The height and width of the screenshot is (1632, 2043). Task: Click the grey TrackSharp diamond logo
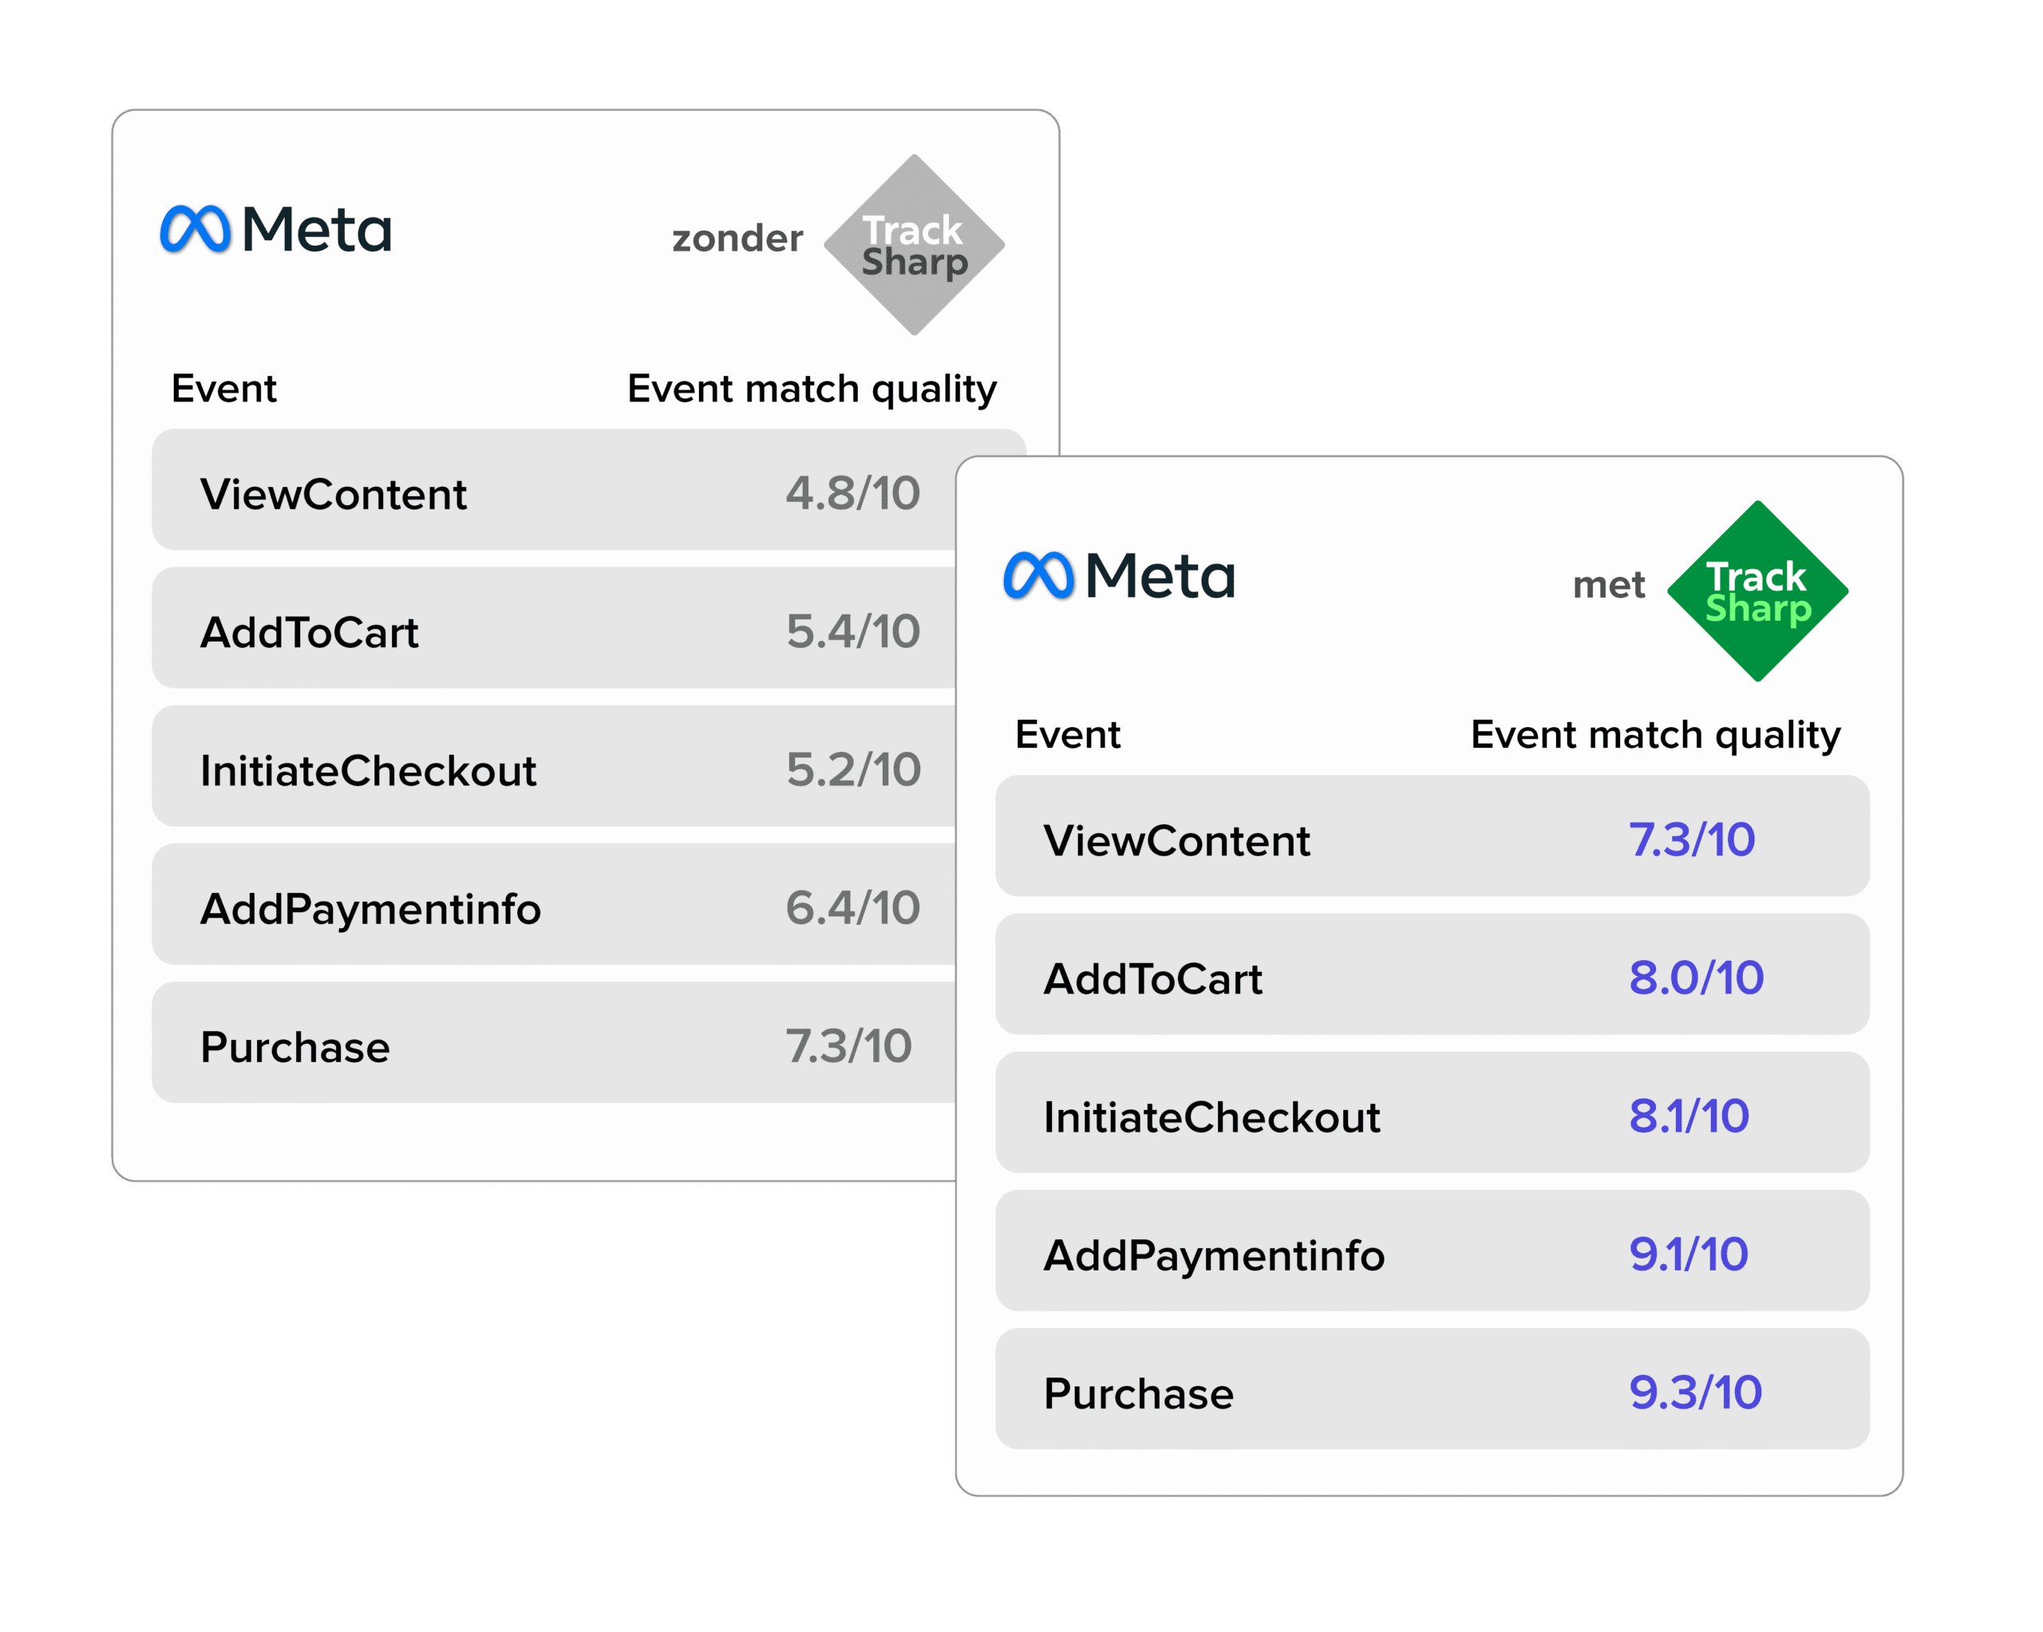(x=915, y=244)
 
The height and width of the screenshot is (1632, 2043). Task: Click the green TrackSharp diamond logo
(x=1758, y=591)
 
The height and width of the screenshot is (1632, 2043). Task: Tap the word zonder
(x=737, y=238)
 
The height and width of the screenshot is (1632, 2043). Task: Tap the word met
(x=1609, y=585)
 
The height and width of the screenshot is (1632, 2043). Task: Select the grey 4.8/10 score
(x=853, y=494)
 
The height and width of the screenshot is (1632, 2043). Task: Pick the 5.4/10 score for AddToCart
(x=853, y=632)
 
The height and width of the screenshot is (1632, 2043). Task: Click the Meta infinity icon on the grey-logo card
(x=196, y=229)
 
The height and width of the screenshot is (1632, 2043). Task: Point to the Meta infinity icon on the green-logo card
(x=1038, y=575)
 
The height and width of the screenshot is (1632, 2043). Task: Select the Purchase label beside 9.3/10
(x=1139, y=1394)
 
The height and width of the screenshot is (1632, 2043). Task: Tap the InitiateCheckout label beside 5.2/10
(x=368, y=770)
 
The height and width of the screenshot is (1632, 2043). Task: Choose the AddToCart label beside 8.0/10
(x=1153, y=979)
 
